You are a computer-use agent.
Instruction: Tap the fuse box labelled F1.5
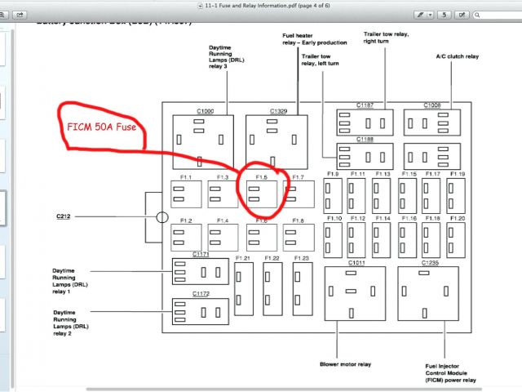point(260,194)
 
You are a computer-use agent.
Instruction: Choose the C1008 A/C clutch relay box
point(432,123)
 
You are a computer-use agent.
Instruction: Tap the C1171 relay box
point(201,271)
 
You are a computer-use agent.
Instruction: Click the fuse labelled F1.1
point(185,194)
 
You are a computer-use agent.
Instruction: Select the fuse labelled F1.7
point(298,194)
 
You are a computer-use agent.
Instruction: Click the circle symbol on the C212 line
point(162,218)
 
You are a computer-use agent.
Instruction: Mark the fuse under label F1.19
point(455,195)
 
